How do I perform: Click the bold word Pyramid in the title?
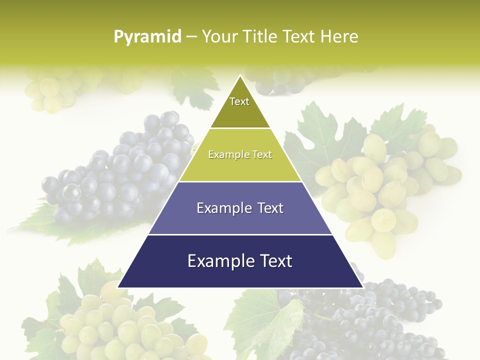coord(147,37)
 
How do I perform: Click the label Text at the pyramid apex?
coord(239,101)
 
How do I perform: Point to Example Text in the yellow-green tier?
coord(240,154)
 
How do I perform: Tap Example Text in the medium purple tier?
coord(240,208)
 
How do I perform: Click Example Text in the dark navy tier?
coord(240,261)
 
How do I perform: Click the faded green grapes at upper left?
coord(50,90)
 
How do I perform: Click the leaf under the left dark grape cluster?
coord(60,225)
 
